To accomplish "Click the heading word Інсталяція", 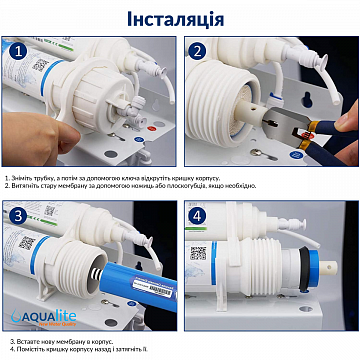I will tap(180, 19).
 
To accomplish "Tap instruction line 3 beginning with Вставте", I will tap(60, 339).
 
